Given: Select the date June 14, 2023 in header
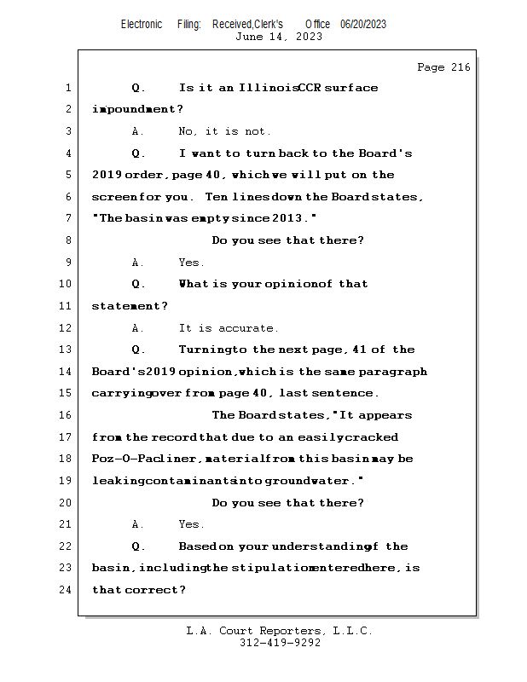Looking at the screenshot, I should [278, 37].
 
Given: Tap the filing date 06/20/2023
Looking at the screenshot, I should [363, 24].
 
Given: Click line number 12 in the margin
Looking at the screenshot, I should [67, 328].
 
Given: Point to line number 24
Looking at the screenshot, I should [67, 590].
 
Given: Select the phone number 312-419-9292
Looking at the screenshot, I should [280, 644].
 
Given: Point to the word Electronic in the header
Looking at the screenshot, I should [141, 24].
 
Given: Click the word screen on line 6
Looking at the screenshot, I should [111, 197].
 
